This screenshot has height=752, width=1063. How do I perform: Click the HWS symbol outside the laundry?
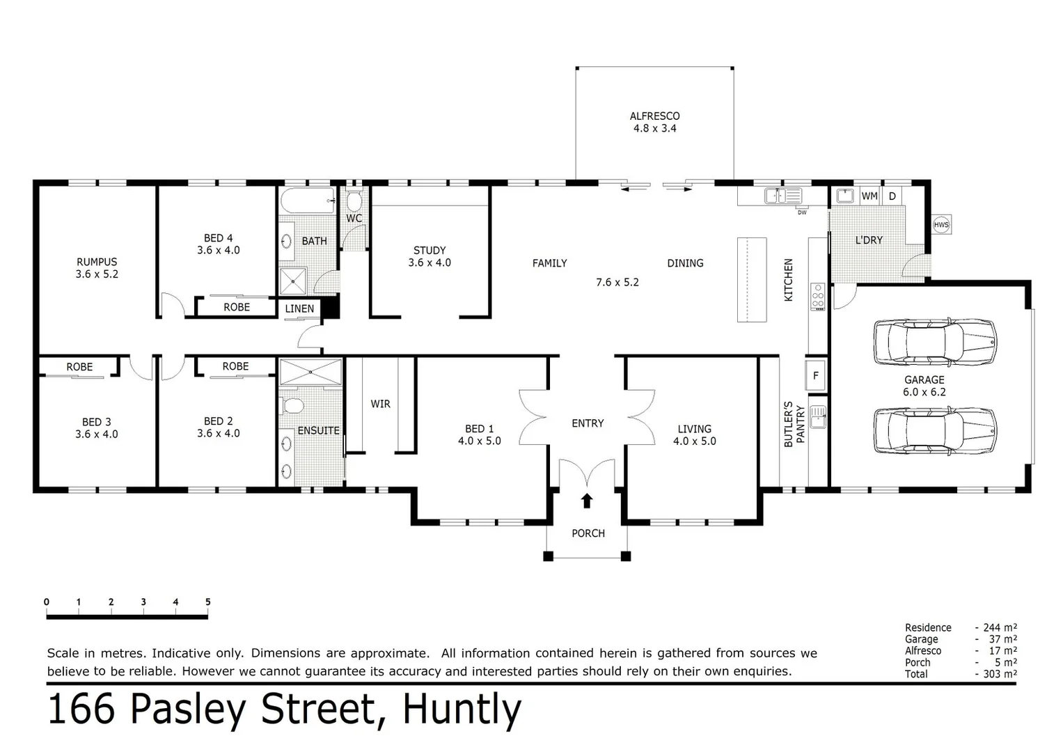(940, 224)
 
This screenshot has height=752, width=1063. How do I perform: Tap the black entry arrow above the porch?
(587, 500)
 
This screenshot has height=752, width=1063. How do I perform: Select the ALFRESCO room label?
(654, 116)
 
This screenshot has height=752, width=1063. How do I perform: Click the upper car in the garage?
(934, 342)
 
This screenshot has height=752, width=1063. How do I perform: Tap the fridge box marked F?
(815, 376)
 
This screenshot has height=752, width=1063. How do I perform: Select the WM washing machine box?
(869, 196)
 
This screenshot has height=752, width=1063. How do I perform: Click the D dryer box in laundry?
(892, 196)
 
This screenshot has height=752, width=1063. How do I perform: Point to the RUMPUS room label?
(97, 262)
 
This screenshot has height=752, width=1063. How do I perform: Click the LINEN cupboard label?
(299, 308)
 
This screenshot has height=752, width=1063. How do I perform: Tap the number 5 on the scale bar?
(207, 602)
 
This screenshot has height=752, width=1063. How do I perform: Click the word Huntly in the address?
(462, 710)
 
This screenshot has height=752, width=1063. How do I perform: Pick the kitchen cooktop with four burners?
(818, 297)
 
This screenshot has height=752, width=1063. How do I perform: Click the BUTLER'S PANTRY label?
(794, 423)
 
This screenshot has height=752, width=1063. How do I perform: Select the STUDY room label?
(430, 250)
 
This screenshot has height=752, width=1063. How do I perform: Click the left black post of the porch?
(548, 556)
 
